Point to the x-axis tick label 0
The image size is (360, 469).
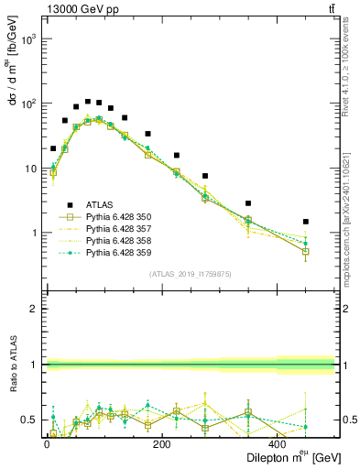tap(47, 444)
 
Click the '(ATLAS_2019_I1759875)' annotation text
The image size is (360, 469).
tap(189, 273)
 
